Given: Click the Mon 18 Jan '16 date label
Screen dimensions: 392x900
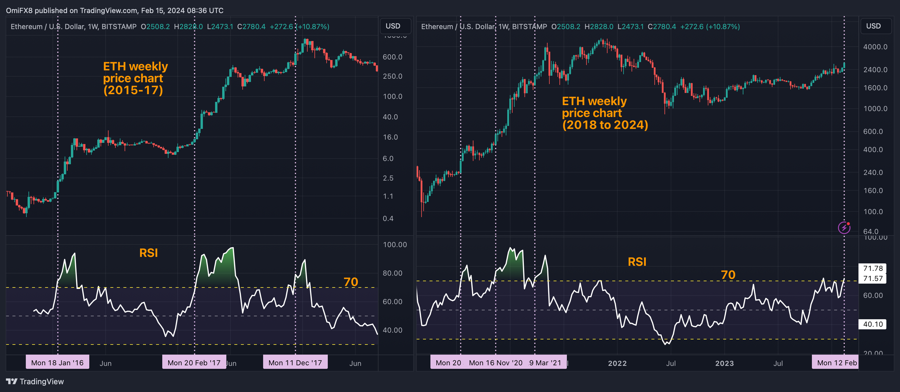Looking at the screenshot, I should [x=57, y=363].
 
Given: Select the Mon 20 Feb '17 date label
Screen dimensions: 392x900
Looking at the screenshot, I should [x=194, y=363].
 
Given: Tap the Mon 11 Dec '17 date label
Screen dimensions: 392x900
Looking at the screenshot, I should [x=295, y=363].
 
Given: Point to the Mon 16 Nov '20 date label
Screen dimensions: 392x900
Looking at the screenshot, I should [x=495, y=363].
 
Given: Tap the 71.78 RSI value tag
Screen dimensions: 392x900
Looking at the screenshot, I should [x=872, y=268].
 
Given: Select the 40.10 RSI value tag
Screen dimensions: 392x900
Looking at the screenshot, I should [x=872, y=324].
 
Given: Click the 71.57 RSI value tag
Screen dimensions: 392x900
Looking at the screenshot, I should [x=872, y=278].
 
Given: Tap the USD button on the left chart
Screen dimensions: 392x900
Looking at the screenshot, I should [x=393, y=26].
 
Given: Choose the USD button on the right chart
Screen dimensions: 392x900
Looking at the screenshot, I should [x=873, y=26].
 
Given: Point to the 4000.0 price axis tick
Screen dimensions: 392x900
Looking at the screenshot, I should [x=875, y=47].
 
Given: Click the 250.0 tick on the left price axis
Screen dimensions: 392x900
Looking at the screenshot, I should [x=392, y=76].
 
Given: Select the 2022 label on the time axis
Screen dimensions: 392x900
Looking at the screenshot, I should [x=617, y=363].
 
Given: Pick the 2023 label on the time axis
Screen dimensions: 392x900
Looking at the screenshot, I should [x=724, y=363].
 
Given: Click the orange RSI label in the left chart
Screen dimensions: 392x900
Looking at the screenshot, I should [x=149, y=253].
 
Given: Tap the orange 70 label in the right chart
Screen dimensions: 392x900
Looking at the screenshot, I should [x=728, y=275].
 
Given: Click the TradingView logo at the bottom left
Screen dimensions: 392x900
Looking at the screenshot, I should [x=35, y=382].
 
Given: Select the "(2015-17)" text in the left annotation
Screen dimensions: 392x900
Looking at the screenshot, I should [x=133, y=90].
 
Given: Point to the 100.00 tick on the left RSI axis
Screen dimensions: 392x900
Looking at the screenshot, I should [x=395, y=244].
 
